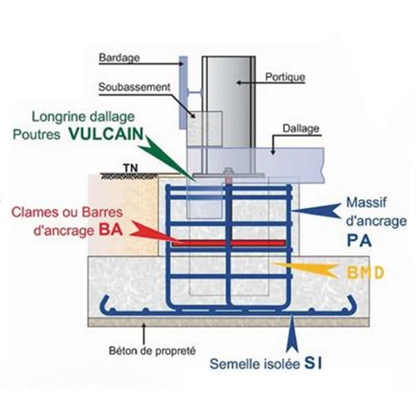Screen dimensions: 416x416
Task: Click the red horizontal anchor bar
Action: click(229, 242)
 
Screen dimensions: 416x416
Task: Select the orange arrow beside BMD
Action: click(305, 268)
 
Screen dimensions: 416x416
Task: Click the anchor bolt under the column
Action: click(227, 176)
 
